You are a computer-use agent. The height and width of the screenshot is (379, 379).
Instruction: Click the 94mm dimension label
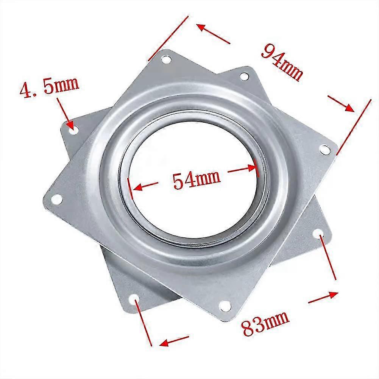tap(282, 62)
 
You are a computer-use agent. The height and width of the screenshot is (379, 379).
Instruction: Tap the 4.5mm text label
tap(50, 86)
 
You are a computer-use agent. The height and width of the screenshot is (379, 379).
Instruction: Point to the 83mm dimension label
tap(265, 324)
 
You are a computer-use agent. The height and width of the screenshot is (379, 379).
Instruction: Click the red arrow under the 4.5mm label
tap(65, 113)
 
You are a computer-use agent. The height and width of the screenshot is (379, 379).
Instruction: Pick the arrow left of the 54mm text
tap(146, 186)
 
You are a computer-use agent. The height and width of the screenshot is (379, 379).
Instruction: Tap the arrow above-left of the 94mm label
tap(213, 34)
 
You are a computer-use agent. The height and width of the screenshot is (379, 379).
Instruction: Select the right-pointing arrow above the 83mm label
tap(323, 297)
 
